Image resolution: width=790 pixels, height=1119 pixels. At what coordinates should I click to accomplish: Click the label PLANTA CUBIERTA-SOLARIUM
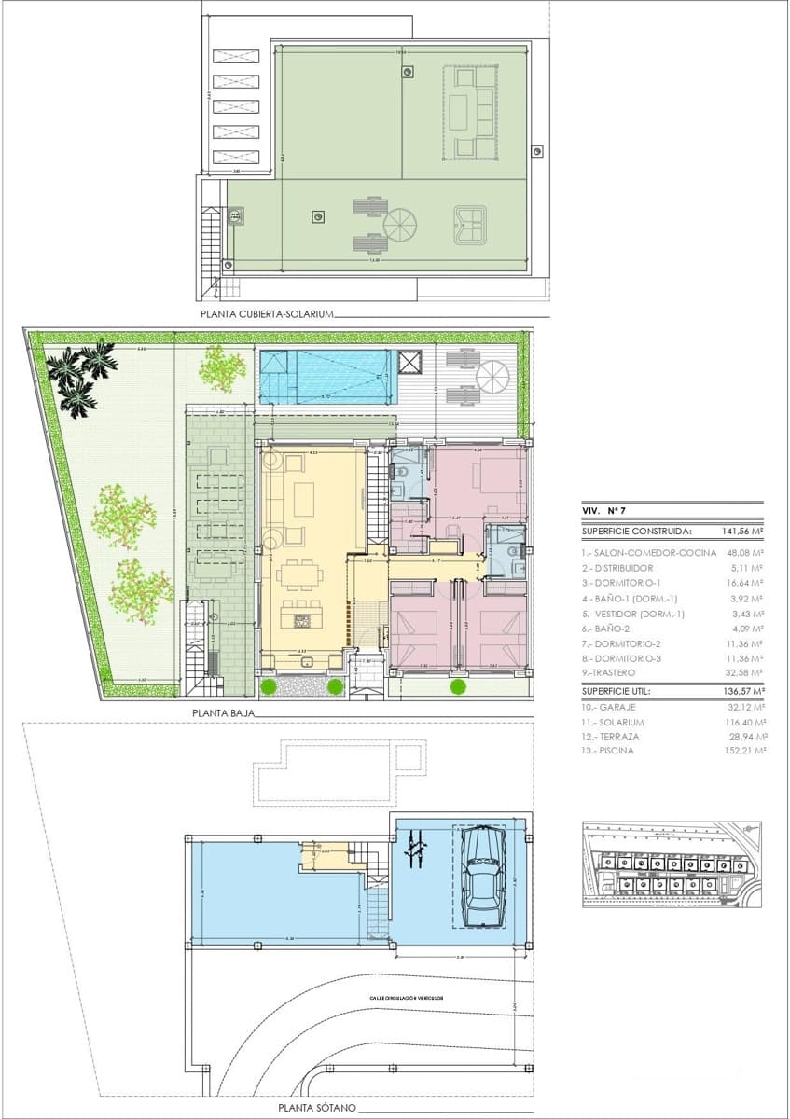[x=266, y=315]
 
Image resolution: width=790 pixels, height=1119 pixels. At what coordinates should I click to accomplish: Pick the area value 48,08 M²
[x=743, y=552]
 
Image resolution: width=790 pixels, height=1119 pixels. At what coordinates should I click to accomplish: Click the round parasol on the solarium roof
[x=403, y=225]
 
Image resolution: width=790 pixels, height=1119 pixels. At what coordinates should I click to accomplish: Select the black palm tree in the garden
[x=81, y=375]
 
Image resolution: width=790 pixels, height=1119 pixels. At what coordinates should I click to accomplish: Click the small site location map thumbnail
[x=671, y=863]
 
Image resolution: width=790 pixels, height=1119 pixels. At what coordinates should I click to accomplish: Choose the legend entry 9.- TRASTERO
[x=610, y=671]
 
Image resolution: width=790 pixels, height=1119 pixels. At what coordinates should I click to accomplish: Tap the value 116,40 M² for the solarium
[x=743, y=722]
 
